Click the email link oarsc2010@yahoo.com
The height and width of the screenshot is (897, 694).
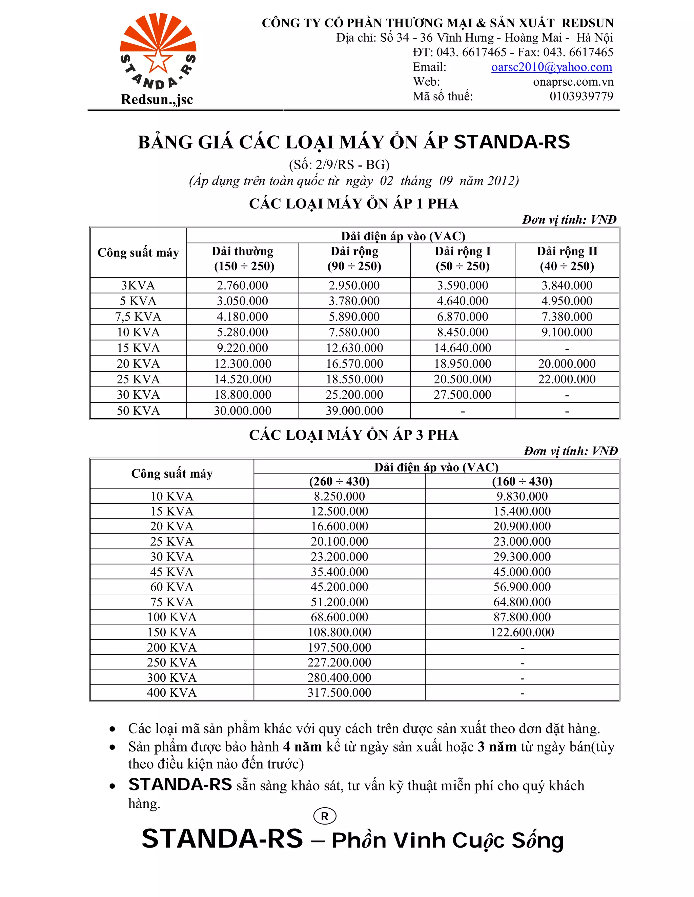pyautogui.click(x=551, y=67)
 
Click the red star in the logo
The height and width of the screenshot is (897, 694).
pyautogui.click(x=158, y=61)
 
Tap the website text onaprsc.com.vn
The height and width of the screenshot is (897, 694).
pyautogui.click(x=573, y=82)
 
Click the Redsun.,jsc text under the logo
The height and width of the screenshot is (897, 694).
pyautogui.click(x=157, y=100)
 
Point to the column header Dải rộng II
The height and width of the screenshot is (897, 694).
pyautogui.click(x=567, y=251)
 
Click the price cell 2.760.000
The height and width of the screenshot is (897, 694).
pyautogui.click(x=242, y=285)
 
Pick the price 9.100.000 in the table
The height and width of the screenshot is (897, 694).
pyautogui.click(x=567, y=332)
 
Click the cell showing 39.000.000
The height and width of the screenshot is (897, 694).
pyautogui.click(x=354, y=410)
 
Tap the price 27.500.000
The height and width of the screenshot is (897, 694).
pyautogui.click(x=462, y=395)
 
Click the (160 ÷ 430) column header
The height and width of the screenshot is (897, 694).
pyautogui.click(x=522, y=481)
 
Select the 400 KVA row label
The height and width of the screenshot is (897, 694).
pyautogui.click(x=171, y=693)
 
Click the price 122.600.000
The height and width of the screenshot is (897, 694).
pyautogui.click(x=522, y=632)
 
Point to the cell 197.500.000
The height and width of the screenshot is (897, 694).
pyautogui.click(x=339, y=647)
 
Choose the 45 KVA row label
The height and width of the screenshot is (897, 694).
pyautogui.click(x=171, y=572)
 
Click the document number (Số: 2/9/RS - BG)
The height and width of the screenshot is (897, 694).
pyautogui.click(x=339, y=165)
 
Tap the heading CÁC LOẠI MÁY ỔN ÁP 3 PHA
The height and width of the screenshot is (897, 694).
pyautogui.click(x=353, y=435)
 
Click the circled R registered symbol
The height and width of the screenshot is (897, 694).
pyautogui.click(x=324, y=816)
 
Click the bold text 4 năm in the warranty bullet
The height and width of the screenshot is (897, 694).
pyautogui.click(x=302, y=746)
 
